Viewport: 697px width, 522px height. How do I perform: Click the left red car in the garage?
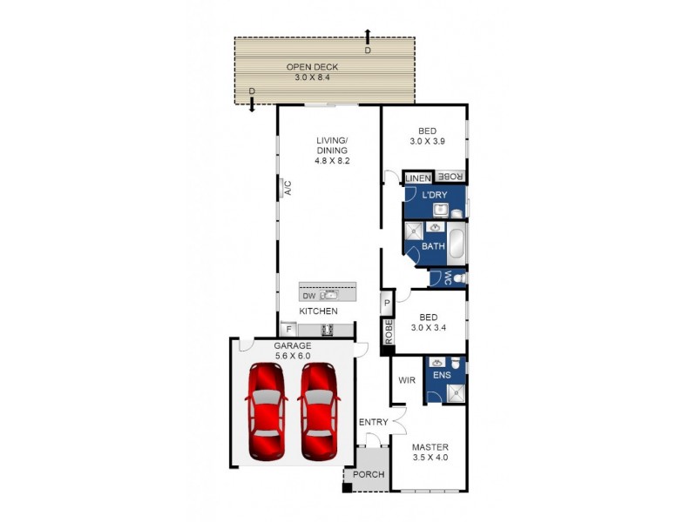click(x=266, y=411)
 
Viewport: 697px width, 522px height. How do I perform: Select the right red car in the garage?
click(x=318, y=411)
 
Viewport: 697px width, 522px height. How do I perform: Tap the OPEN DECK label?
click(x=312, y=67)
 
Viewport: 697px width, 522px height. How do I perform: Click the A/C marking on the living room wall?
click(x=286, y=187)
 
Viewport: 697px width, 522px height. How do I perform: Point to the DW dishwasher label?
click(x=309, y=296)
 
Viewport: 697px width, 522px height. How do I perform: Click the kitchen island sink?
click(x=329, y=296)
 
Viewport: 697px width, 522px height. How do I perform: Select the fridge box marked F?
click(x=288, y=330)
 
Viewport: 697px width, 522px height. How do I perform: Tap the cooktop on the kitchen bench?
click(x=328, y=330)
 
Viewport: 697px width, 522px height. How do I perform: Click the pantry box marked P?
click(x=387, y=303)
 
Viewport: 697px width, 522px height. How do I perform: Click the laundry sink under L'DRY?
click(x=441, y=210)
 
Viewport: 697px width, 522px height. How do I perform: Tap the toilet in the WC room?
click(x=458, y=278)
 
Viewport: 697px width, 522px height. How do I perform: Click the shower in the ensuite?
click(x=454, y=392)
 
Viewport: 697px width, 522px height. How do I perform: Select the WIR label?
click(x=406, y=380)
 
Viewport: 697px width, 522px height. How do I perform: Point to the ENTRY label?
click(x=373, y=423)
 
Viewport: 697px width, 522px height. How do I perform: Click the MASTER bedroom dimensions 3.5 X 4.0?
click(x=429, y=457)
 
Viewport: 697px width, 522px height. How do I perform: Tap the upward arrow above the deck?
click(x=368, y=35)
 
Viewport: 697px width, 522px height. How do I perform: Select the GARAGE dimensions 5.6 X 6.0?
click(x=292, y=355)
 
